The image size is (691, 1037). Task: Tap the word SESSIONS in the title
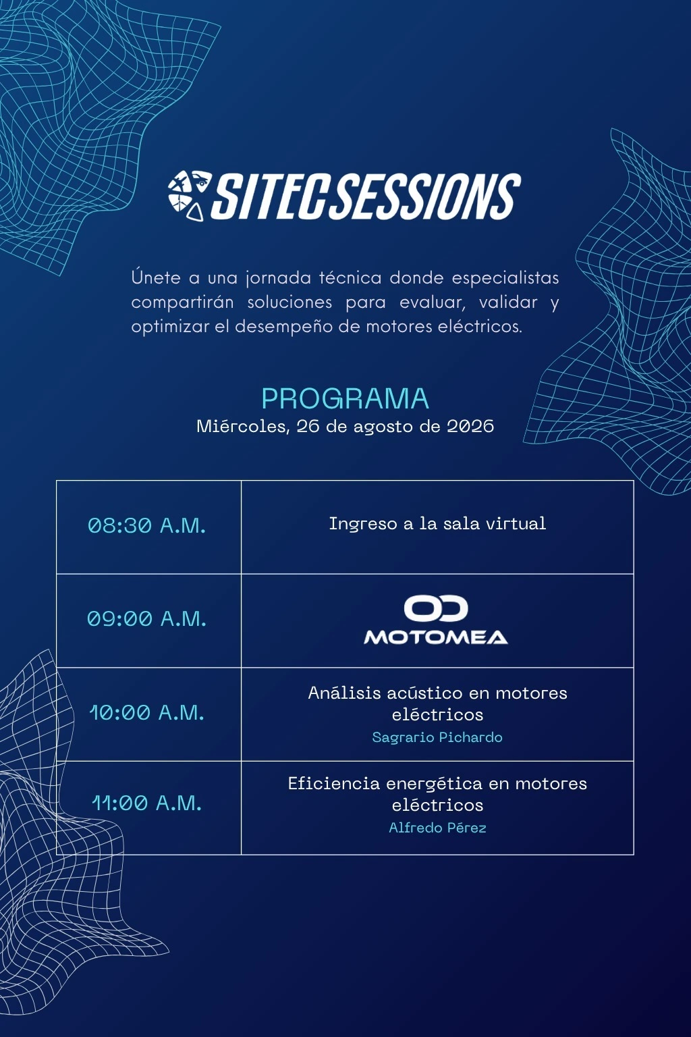point(426,196)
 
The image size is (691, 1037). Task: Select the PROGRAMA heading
point(345,398)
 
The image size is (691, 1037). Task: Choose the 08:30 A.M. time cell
point(146,525)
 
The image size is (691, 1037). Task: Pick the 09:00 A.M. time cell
point(146,618)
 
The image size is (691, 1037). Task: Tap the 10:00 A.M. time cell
point(146,712)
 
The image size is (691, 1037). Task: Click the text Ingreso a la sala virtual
point(437,524)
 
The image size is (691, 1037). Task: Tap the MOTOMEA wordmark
point(436,637)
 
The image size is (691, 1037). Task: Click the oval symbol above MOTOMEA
point(436,608)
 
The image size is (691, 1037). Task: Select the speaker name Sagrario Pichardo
point(437,737)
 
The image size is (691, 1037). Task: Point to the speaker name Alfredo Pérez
point(437,827)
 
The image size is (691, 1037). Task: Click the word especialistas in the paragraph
point(505,277)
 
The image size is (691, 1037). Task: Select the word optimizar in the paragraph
point(170,326)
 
